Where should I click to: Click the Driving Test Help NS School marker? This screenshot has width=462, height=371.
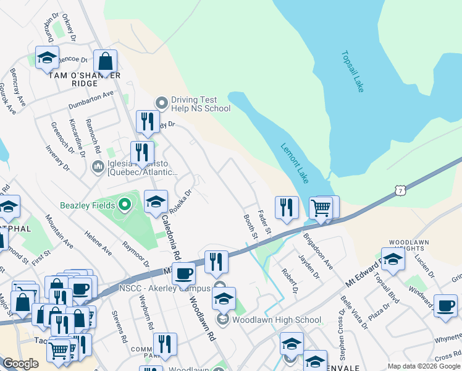pos(162,102)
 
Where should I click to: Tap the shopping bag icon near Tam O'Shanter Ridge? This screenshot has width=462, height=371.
pos(106,62)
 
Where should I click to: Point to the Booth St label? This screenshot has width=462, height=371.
pos(250,226)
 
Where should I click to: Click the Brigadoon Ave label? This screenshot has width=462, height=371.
pos(317,251)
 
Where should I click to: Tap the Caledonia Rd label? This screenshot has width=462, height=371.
pos(170,236)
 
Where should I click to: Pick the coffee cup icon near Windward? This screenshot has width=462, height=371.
pos(445,305)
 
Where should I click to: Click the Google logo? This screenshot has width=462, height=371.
pos(20,364)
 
